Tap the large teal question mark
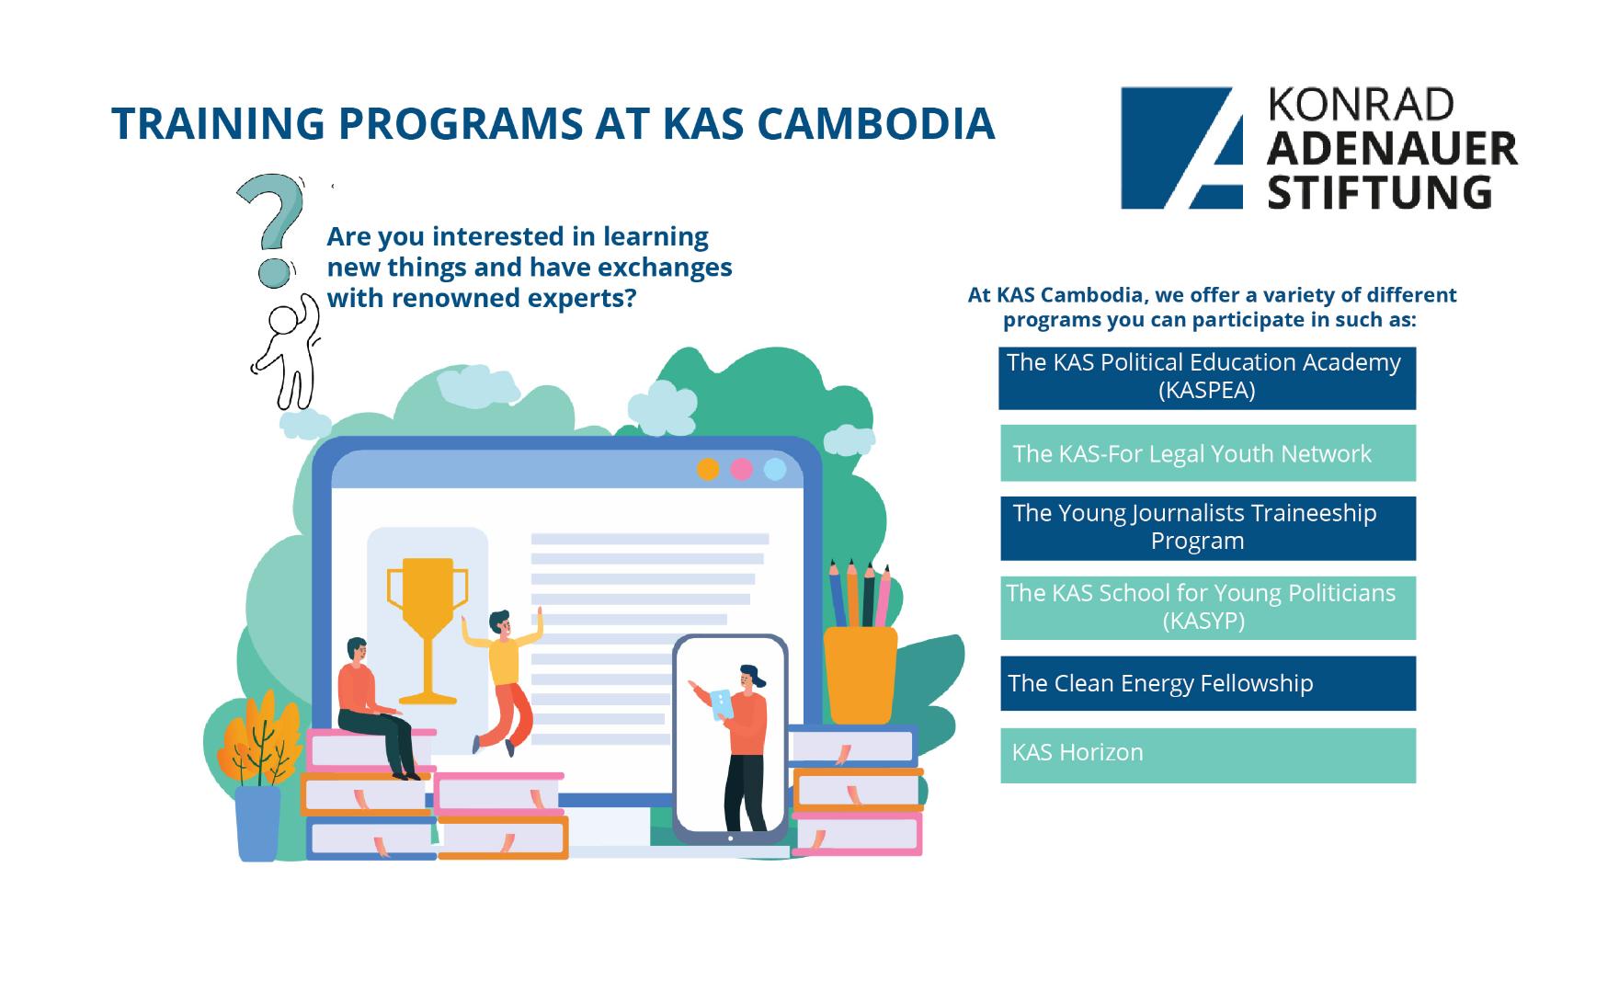point(269,225)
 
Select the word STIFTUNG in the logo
point(1379,191)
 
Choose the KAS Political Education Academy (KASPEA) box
point(1206,377)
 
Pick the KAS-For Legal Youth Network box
point(1206,453)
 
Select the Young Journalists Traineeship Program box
point(1206,528)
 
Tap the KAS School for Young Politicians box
point(1206,607)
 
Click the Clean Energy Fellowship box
point(1206,683)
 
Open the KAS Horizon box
point(1206,755)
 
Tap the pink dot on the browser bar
point(741,469)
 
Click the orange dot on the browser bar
point(707,469)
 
